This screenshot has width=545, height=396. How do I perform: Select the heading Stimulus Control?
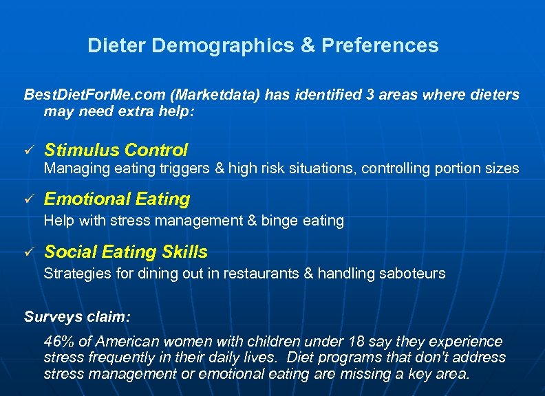(116, 150)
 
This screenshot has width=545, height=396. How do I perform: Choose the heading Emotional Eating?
(117, 199)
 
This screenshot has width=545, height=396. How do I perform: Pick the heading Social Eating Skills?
(126, 252)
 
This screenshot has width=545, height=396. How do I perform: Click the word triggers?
(186, 168)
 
